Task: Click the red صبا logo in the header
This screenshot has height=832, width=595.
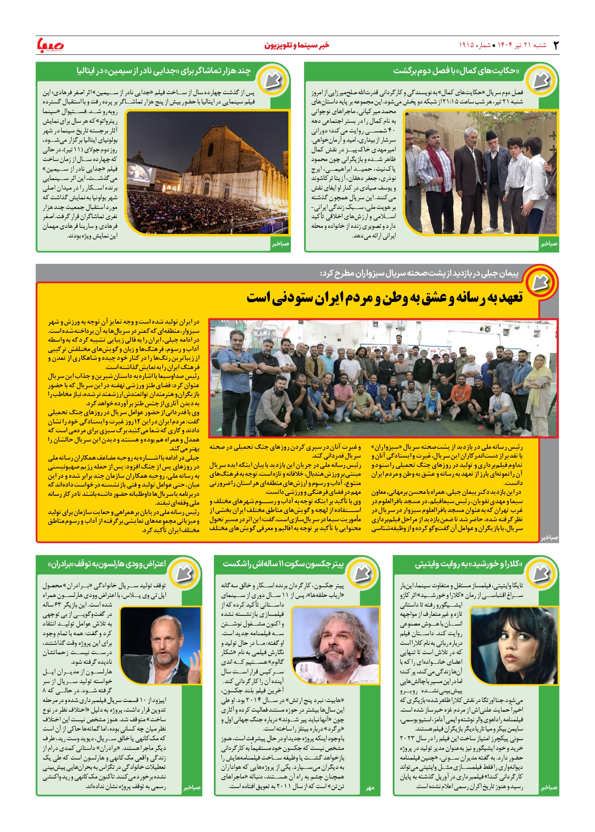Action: point(50,45)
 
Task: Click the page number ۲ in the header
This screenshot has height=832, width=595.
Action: point(556,45)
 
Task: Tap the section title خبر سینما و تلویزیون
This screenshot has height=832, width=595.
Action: point(296,45)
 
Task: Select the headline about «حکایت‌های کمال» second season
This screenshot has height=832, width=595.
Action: point(456,71)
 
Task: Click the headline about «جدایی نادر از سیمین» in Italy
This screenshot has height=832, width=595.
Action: point(164,71)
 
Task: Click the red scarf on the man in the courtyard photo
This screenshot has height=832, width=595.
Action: point(436,159)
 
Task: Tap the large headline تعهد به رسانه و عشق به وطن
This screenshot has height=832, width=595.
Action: point(384,298)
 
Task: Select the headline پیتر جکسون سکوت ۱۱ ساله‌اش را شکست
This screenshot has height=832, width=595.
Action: point(283,564)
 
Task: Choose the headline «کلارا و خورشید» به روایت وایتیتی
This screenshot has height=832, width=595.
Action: point(469,564)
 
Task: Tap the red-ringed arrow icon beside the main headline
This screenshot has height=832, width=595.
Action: point(540,282)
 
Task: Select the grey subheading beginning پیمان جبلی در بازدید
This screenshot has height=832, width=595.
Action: point(419,273)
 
